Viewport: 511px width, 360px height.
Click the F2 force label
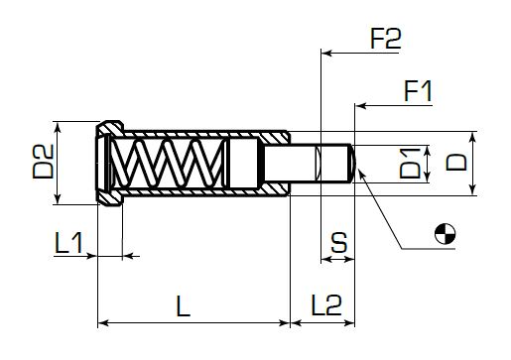(x=386, y=39)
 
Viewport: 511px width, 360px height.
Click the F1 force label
(x=418, y=91)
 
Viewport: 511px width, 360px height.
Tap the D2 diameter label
(x=43, y=162)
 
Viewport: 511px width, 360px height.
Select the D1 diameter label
(x=410, y=164)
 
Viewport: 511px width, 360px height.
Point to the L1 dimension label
(x=68, y=243)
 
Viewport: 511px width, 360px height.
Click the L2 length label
(x=326, y=305)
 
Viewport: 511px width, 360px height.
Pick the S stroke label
(x=339, y=243)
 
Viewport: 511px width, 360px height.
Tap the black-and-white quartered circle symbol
(x=445, y=234)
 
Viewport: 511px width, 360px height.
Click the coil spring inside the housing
(x=167, y=164)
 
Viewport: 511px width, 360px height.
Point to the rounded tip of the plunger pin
(x=352, y=164)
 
